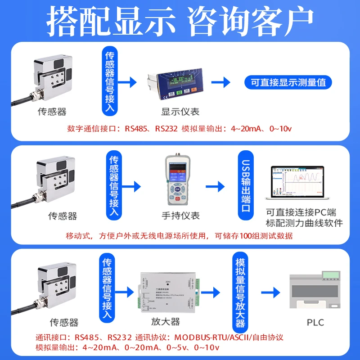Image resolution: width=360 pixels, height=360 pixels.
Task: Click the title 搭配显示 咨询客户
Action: click(180, 20)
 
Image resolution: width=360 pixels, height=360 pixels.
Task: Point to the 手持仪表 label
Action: click(180, 216)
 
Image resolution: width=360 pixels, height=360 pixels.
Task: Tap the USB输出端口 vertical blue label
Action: click(246, 189)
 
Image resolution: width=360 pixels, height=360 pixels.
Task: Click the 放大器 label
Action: click(166, 322)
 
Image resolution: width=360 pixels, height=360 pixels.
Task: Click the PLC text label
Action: click(315, 322)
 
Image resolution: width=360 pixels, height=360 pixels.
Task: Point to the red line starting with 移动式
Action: click(179, 236)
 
